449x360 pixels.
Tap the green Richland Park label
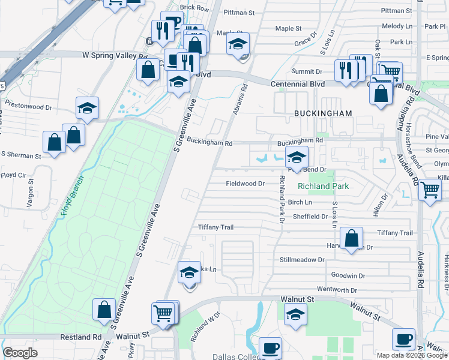click(x=323, y=187)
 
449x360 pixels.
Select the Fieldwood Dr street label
click(x=245, y=184)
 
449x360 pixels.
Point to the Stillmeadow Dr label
click(x=302, y=260)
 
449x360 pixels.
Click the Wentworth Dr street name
click(x=336, y=290)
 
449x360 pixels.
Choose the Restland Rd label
click(x=80, y=337)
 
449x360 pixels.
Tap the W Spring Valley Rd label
click(x=115, y=55)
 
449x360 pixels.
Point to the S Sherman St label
click(x=21, y=156)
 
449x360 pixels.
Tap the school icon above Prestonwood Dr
click(x=87, y=108)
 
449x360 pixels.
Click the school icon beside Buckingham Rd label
click(x=296, y=158)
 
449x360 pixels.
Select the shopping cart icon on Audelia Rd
click(x=430, y=190)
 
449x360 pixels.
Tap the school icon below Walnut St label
click(x=295, y=314)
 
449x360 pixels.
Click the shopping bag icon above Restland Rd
click(x=104, y=310)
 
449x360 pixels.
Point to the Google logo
click(x=20, y=353)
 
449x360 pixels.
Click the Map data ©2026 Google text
click(x=412, y=355)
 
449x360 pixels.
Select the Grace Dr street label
click(x=306, y=41)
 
